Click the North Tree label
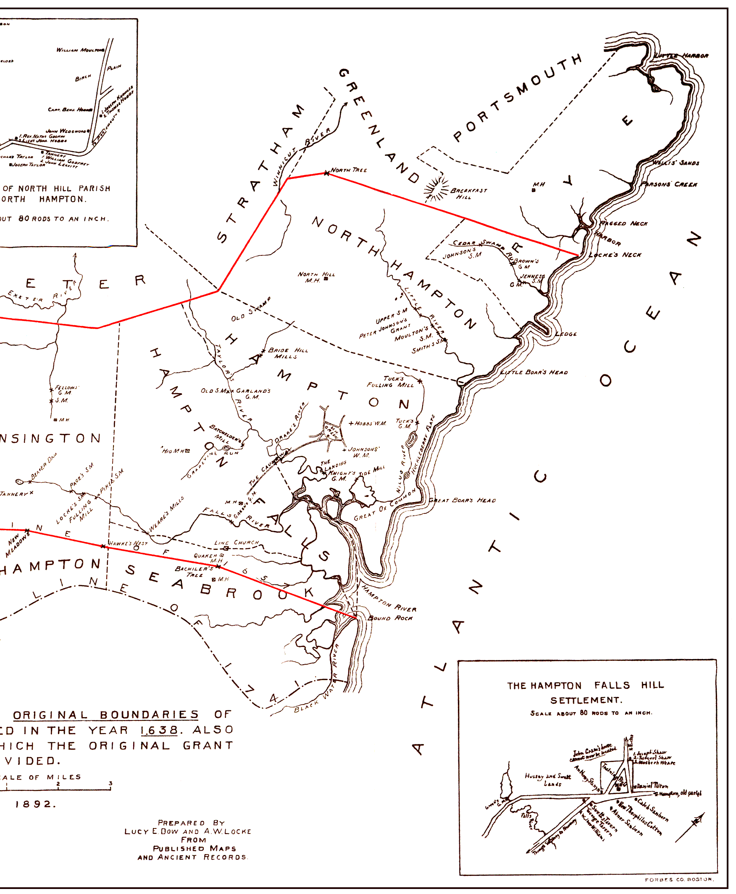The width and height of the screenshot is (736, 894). pyautogui.click(x=349, y=170)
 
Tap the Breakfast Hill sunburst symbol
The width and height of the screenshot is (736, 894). pyautogui.click(x=436, y=188)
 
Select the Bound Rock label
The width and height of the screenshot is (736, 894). pyautogui.click(x=390, y=618)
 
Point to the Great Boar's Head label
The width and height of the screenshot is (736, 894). pyautogui.click(x=462, y=500)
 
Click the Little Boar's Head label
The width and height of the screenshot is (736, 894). pyautogui.click(x=534, y=372)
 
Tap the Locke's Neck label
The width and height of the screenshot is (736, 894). pyautogui.click(x=615, y=255)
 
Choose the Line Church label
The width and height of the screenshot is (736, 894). pyautogui.click(x=236, y=543)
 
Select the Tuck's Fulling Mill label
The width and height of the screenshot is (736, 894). pyautogui.click(x=390, y=381)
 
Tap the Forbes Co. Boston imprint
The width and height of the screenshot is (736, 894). pyautogui.click(x=679, y=880)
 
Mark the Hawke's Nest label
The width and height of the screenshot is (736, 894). pyautogui.click(x=128, y=543)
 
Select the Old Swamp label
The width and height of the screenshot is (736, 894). pyautogui.click(x=250, y=310)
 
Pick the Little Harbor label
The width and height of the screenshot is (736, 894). pyautogui.click(x=681, y=55)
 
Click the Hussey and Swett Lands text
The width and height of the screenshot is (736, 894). pyautogui.click(x=548, y=780)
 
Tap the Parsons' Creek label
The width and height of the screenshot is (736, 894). pyautogui.click(x=669, y=184)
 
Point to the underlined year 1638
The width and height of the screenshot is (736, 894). pyautogui.click(x=158, y=730)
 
